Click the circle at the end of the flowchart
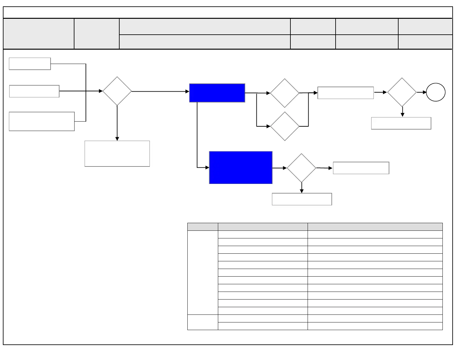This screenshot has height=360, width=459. (435, 92)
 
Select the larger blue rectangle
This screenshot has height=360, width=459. (241, 168)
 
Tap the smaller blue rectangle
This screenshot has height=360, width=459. (217, 93)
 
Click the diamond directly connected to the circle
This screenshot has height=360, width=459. (402, 92)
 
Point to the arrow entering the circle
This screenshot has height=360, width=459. (422, 92)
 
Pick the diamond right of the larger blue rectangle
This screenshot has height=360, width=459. (301, 168)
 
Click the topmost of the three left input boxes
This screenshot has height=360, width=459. (30, 64)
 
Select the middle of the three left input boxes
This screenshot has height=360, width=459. (34, 91)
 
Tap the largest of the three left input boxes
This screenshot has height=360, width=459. (42, 121)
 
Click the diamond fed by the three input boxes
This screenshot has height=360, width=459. (117, 91)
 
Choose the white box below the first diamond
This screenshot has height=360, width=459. (117, 154)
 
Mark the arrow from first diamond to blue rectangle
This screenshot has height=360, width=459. (161, 92)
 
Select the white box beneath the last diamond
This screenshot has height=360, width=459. (401, 123)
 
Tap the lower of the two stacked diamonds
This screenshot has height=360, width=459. (285, 126)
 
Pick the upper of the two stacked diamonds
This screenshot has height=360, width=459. (285, 93)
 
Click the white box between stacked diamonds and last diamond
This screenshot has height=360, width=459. (345, 93)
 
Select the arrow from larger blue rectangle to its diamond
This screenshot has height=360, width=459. (280, 168)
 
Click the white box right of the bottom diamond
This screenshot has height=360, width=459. (361, 168)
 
